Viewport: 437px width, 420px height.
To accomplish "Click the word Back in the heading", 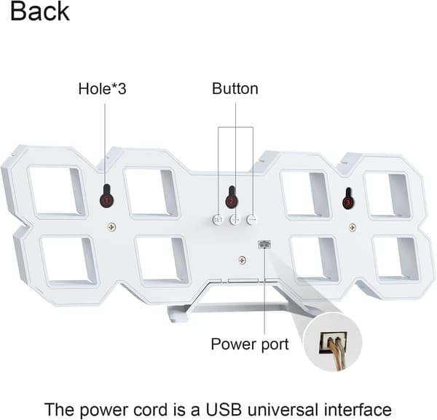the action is click(x=40, y=12).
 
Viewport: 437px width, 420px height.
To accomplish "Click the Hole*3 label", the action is click(x=102, y=89).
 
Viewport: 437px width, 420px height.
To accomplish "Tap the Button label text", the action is click(x=235, y=89).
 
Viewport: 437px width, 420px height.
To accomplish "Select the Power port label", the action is click(x=250, y=344).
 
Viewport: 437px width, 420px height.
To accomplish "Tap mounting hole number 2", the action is click(x=232, y=197).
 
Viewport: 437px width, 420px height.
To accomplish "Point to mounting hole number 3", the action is click(x=348, y=199).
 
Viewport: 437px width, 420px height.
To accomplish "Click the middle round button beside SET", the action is click(x=235, y=220).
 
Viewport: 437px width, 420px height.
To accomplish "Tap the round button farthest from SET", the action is click(x=252, y=220).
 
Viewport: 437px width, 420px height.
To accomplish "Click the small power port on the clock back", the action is click(x=264, y=245).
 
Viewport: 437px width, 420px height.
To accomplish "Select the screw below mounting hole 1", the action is click(x=111, y=227).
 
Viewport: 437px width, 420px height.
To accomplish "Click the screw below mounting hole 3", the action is click(x=353, y=227).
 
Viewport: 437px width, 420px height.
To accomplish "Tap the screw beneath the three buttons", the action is click(x=243, y=261).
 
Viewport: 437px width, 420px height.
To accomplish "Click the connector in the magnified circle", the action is click(x=334, y=343).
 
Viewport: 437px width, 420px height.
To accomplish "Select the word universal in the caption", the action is click(x=283, y=409).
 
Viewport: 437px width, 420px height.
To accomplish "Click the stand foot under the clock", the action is click(x=177, y=314).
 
